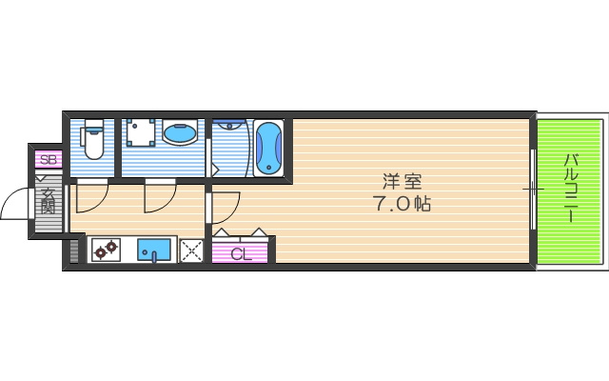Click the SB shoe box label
point(49,160)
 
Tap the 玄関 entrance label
point(49,201)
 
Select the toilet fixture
point(93,140)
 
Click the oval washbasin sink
point(180,133)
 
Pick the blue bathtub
point(268,148)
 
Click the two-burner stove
point(106,250)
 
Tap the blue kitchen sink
point(154,251)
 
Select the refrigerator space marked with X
point(191,251)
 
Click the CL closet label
point(241,254)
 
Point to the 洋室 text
point(402,181)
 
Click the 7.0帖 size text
point(402,203)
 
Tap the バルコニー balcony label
point(571,188)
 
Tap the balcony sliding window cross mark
point(534,190)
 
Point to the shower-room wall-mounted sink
point(229,125)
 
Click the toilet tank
point(93,126)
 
